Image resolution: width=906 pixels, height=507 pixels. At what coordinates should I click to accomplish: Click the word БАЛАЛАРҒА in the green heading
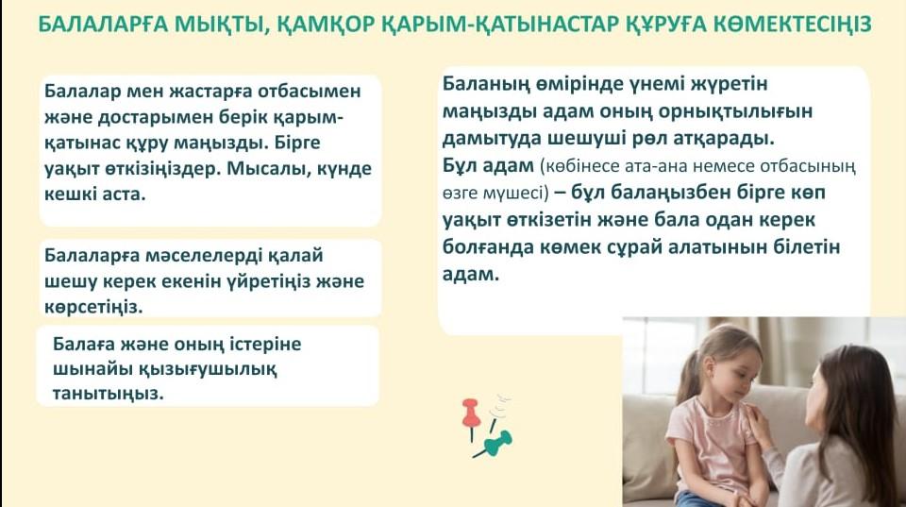click(x=102, y=25)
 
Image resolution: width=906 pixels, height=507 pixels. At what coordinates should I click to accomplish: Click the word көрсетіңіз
click(x=93, y=307)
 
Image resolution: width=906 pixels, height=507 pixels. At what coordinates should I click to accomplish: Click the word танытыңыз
click(x=109, y=395)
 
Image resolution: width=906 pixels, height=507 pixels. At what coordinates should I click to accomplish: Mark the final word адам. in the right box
click(x=471, y=274)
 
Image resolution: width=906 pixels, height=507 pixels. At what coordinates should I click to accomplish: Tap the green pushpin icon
click(x=495, y=444)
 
